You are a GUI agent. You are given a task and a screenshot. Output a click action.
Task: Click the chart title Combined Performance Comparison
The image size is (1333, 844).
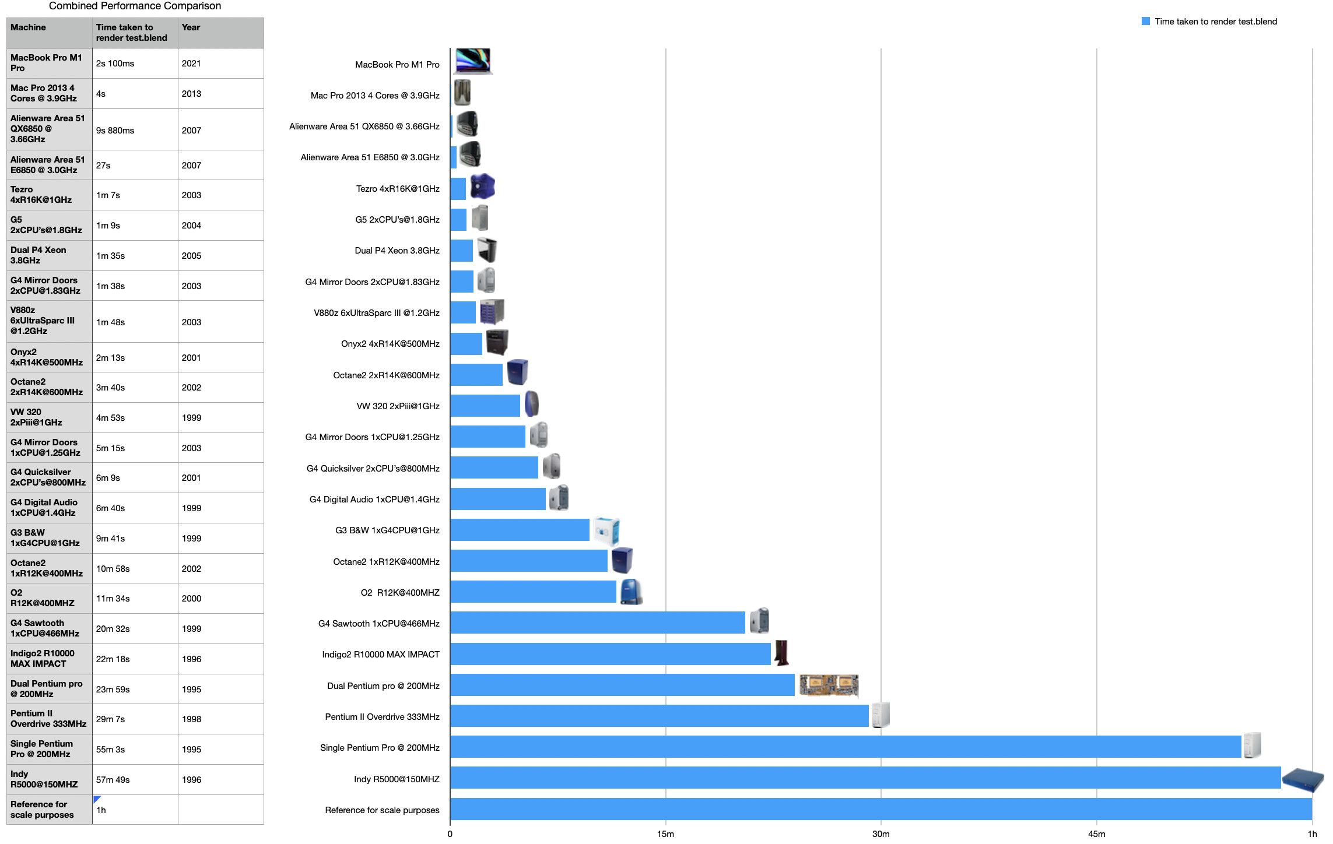coord(135,6)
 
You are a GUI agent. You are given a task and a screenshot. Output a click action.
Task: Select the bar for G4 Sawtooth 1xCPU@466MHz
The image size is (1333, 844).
coord(597,623)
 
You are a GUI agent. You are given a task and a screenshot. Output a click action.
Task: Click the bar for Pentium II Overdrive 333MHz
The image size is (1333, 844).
coord(659,716)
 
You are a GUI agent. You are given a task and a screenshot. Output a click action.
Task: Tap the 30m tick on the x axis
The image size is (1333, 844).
coord(881,834)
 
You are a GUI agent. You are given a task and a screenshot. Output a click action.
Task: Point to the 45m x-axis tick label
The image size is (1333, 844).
coord(1096,834)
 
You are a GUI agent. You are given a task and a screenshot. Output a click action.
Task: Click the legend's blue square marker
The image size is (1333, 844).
coord(1145,22)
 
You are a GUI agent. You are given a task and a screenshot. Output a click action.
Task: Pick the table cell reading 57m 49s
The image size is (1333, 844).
coord(113,780)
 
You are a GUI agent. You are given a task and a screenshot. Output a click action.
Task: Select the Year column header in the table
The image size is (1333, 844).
coord(191,27)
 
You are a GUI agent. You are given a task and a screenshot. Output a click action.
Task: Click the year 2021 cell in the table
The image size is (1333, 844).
coord(191,64)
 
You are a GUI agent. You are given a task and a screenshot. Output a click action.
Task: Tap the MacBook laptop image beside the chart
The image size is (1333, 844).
coord(473,61)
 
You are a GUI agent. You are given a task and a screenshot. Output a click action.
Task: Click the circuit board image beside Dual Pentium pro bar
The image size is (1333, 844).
coord(829,685)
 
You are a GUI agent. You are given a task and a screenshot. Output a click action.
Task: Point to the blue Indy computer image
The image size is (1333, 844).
coord(1303,779)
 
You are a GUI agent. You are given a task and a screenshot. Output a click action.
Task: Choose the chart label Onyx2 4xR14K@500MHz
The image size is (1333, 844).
coord(390,344)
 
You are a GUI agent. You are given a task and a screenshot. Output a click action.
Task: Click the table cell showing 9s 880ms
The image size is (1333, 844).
coord(115,131)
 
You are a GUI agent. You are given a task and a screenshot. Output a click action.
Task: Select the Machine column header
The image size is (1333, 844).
coord(28,27)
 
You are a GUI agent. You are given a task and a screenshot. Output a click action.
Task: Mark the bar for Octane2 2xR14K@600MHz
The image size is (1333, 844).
coord(476,375)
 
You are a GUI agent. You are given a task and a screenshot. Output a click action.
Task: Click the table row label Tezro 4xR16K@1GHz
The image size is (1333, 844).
coord(41,195)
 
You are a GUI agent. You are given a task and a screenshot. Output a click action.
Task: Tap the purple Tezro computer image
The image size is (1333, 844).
coord(482,187)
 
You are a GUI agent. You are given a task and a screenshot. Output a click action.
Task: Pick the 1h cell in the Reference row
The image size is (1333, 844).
coord(101,810)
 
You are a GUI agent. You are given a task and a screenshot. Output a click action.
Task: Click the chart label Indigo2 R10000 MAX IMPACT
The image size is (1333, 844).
coord(381,655)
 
